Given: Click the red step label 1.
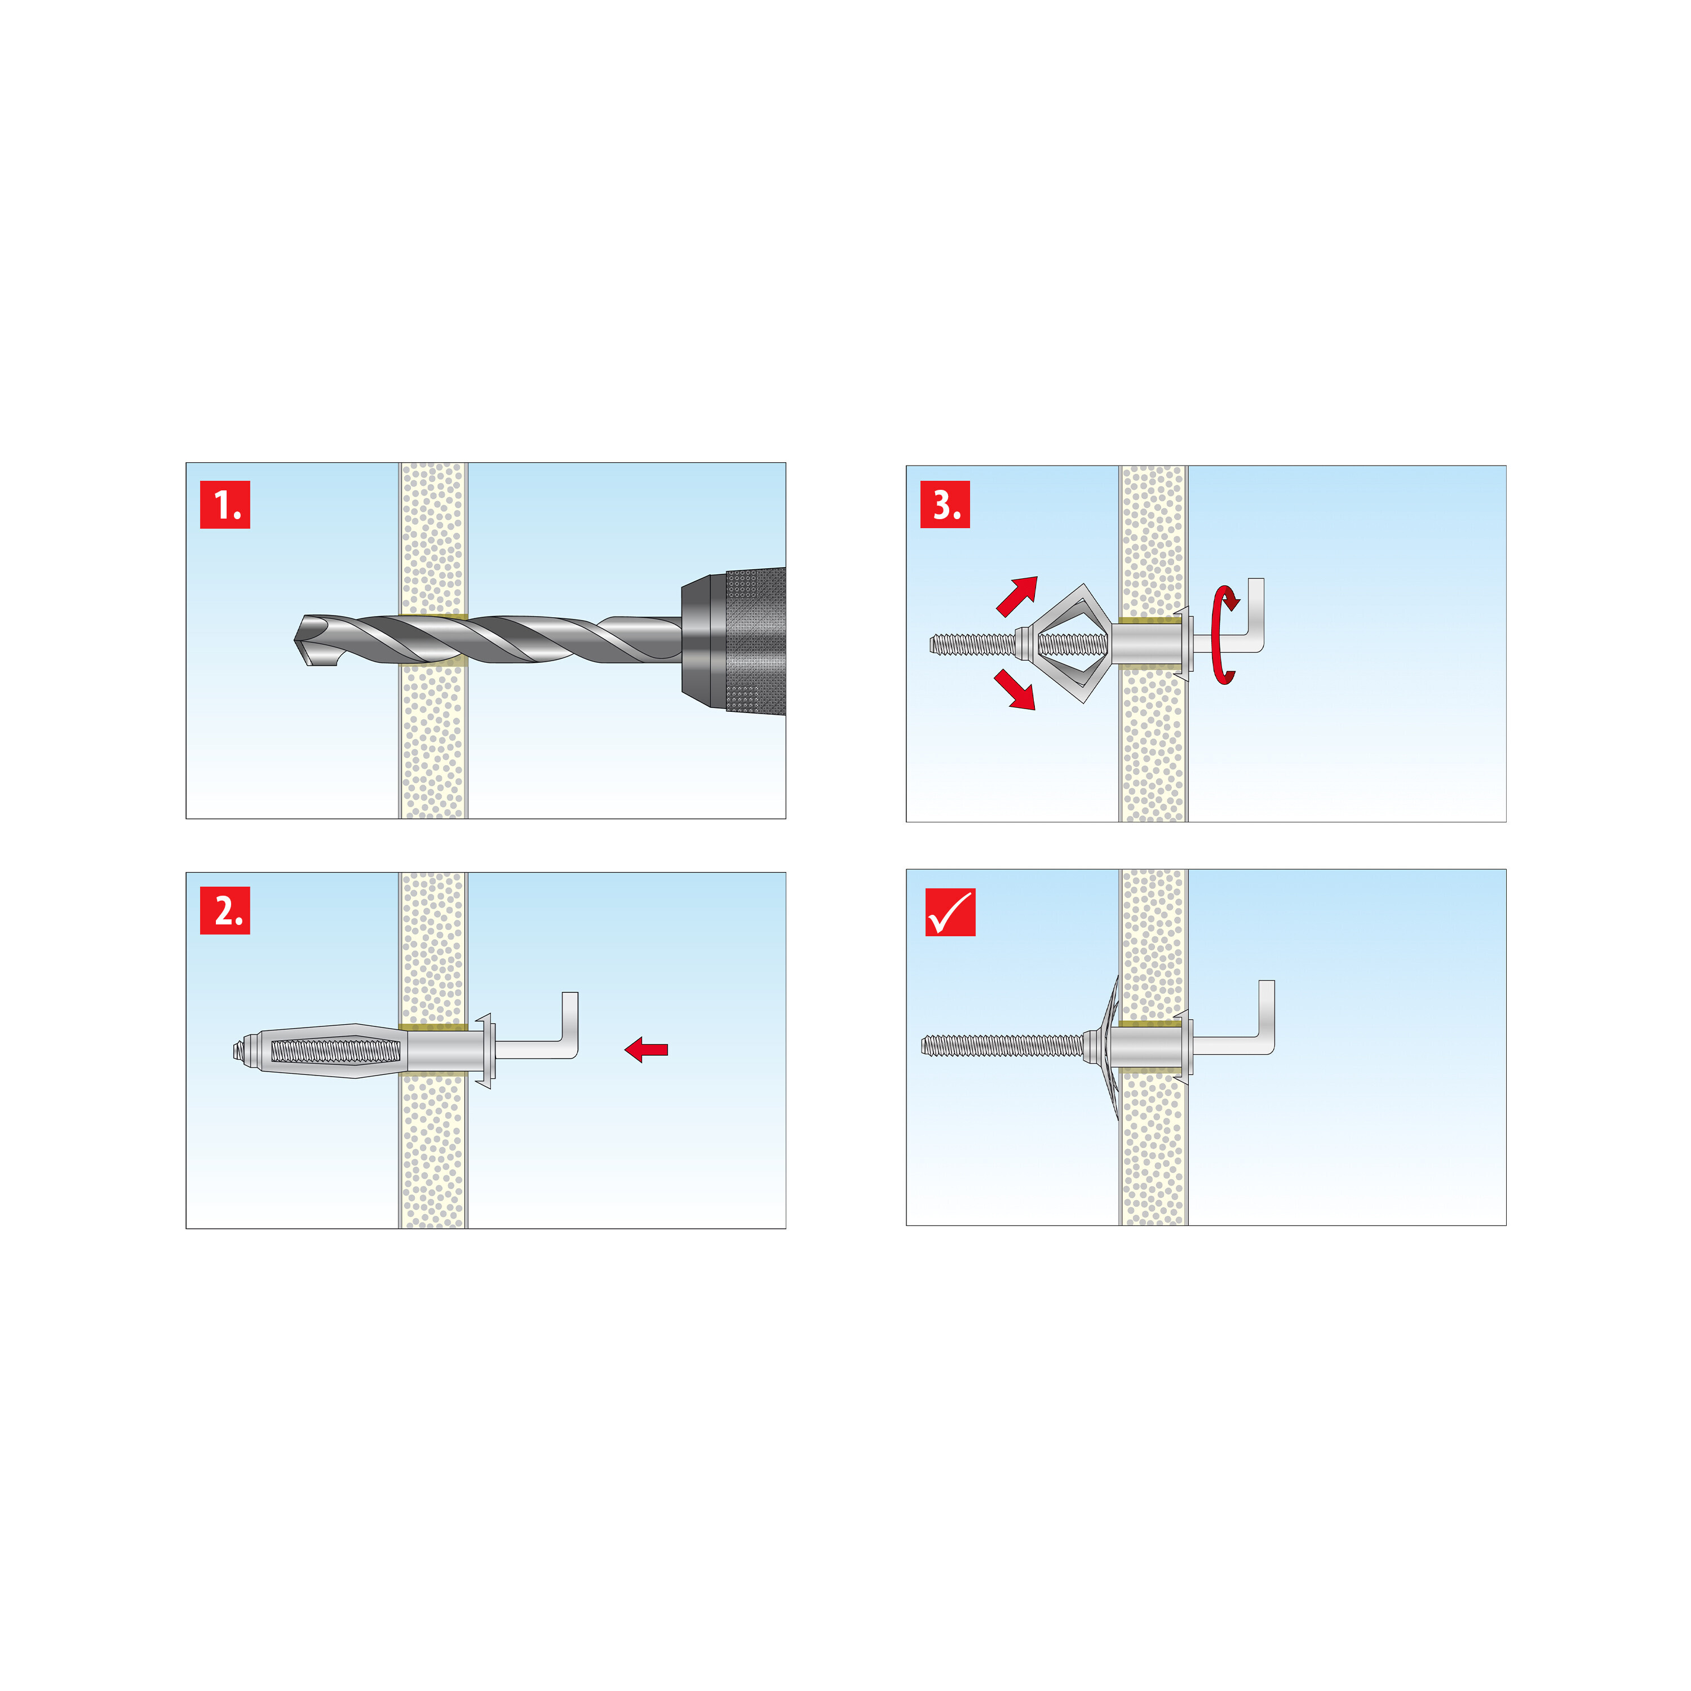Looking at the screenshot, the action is point(225,504).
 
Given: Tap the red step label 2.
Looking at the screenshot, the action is point(225,910).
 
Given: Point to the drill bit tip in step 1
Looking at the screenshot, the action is point(296,640).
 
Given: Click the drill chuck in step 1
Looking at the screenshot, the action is point(733,640).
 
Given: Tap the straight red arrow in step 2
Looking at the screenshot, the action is point(647,1050).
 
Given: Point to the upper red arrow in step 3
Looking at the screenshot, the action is point(1017,595).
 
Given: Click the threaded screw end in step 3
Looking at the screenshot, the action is point(972,645).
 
